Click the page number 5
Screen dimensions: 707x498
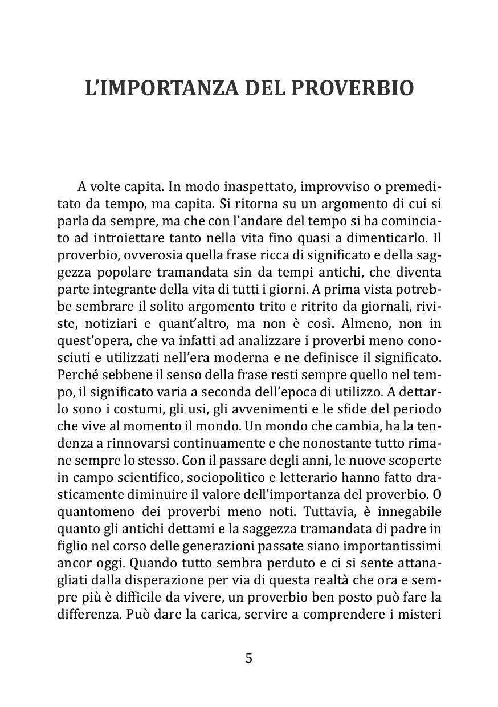click(248, 658)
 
